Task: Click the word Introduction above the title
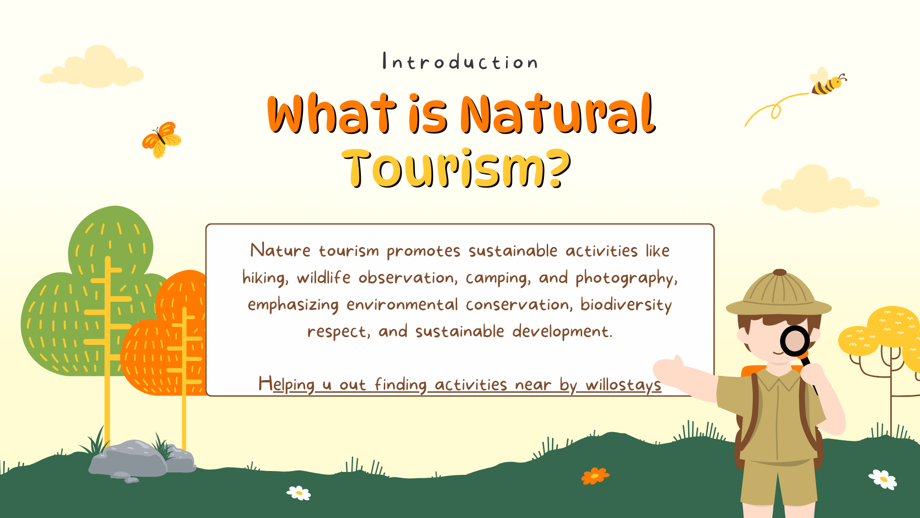pos(460,62)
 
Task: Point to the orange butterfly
pos(162,140)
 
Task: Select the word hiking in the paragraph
pos(265,278)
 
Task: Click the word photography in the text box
pos(626,278)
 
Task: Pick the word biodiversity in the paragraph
pos(626,305)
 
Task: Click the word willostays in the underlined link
pos(623,385)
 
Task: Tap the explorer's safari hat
pos(779,294)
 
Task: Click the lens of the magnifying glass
pos(795,341)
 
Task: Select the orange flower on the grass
pos(595,476)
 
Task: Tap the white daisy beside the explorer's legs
pos(883,479)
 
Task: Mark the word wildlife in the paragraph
pos(324,278)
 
